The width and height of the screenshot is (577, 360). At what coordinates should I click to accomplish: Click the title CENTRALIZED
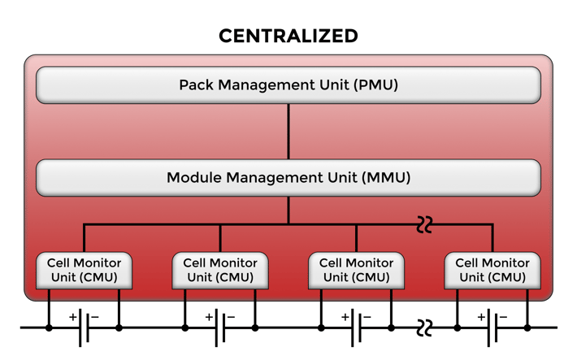288,36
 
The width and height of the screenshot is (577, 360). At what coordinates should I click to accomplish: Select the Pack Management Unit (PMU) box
288,85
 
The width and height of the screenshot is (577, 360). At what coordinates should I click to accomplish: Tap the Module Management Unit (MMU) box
288,177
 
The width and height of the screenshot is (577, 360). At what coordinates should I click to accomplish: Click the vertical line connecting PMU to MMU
288,131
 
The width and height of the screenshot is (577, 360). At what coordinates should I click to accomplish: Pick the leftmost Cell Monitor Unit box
84,271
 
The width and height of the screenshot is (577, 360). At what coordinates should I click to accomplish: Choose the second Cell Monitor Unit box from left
220,271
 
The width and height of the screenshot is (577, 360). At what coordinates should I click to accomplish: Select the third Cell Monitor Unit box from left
356,271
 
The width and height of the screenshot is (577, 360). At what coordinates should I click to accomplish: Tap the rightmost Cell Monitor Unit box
492,271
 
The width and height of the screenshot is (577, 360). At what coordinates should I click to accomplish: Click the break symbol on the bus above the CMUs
424,224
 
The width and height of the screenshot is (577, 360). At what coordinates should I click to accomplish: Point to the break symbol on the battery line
424,327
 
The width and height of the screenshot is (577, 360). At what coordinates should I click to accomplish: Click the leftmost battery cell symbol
84,327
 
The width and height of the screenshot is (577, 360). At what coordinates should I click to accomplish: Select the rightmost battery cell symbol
492,327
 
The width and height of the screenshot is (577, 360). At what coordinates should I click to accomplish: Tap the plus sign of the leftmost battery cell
73,316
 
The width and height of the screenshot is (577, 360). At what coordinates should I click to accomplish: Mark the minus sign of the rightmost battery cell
504,316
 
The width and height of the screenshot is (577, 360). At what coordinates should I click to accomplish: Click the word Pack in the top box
195,85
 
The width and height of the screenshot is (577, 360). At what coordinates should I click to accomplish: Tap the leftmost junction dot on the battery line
49,327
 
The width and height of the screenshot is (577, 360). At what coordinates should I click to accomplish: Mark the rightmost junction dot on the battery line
527,327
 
